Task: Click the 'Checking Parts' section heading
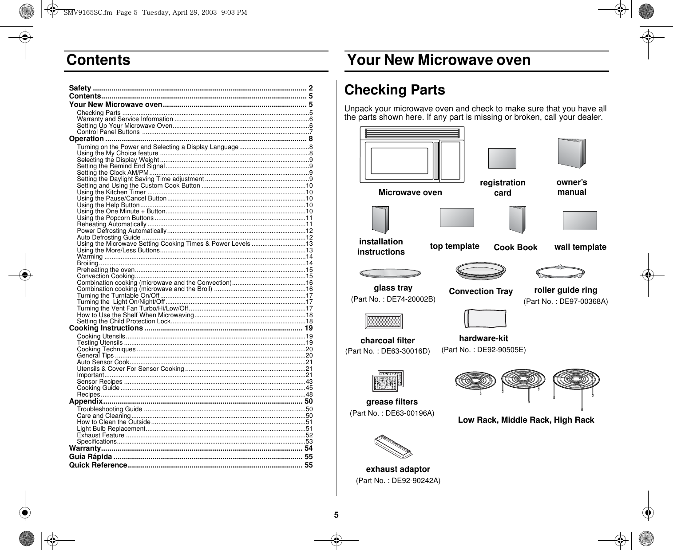click(x=394, y=90)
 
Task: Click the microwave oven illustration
click(x=412, y=154)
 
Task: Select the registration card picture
click(x=502, y=158)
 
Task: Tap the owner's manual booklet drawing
click(x=571, y=153)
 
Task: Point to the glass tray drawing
click(x=391, y=273)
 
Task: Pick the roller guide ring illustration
click(x=560, y=272)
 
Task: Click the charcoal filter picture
click(x=384, y=321)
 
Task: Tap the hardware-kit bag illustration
click(x=484, y=318)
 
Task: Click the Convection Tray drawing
click(x=481, y=271)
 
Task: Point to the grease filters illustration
click(x=388, y=379)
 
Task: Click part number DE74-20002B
click(x=393, y=299)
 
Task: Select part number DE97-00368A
click(x=566, y=302)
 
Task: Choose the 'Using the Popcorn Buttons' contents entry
click(x=115, y=218)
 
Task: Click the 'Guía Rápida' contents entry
click(x=91, y=456)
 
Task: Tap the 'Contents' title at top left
click(x=99, y=60)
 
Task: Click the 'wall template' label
click(x=580, y=247)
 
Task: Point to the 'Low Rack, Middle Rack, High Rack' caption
click(x=526, y=420)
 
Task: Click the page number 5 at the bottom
click(x=336, y=515)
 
